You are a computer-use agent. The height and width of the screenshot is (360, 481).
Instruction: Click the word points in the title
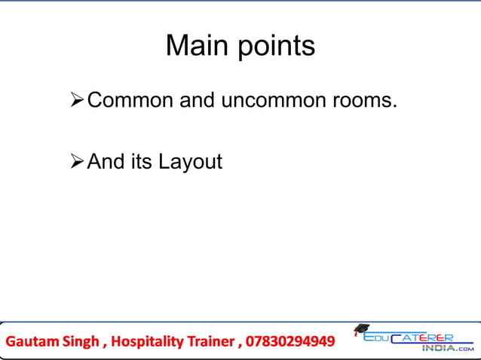pos(277,47)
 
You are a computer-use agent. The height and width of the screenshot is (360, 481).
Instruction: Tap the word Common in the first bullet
pos(130,99)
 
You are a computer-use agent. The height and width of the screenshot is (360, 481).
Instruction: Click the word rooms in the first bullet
pos(363,99)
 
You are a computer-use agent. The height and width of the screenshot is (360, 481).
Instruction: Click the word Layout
pos(190,162)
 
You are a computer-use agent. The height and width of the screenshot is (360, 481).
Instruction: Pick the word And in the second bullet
pos(106,161)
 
